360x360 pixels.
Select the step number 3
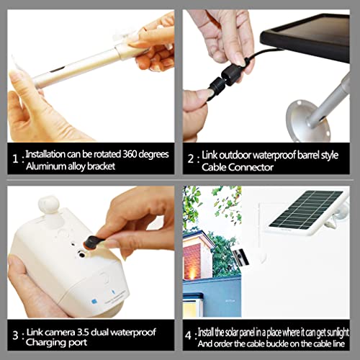(14, 336)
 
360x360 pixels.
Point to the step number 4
(189, 336)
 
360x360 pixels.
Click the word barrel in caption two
(300, 154)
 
